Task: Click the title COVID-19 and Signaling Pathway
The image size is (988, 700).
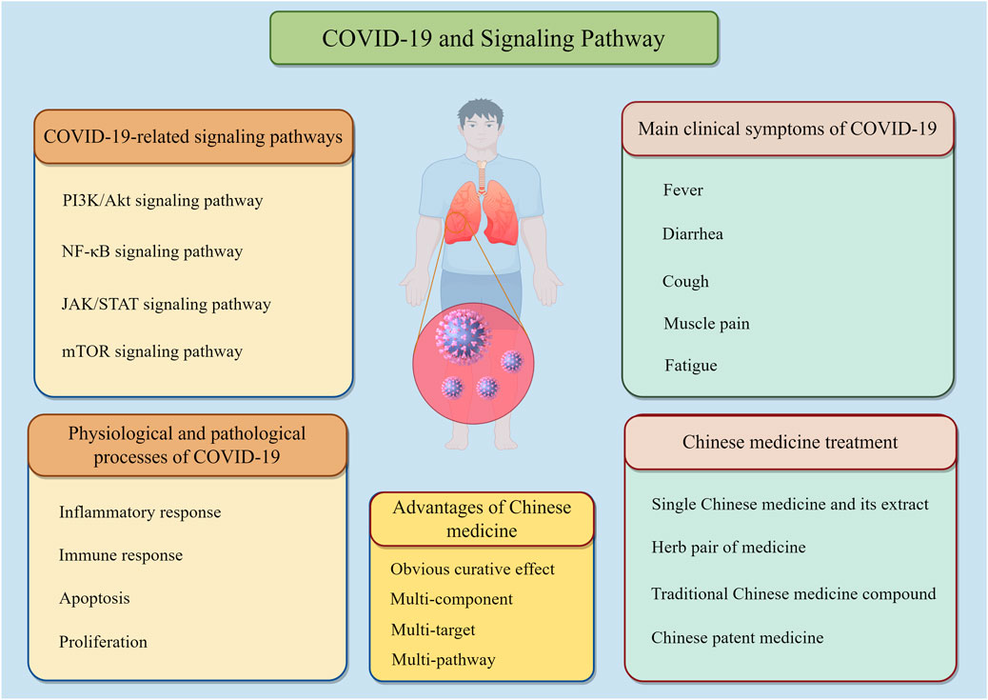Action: (493, 39)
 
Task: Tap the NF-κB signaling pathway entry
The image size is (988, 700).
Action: (150, 251)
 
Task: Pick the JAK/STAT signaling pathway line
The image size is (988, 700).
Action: (165, 304)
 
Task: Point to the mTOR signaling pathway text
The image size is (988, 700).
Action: (150, 351)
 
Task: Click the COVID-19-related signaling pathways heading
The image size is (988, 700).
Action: (193, 137)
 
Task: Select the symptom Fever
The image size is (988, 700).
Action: (682, 190)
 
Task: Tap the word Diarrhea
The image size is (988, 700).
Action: (692, 233)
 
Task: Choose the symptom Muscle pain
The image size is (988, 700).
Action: (706, 324)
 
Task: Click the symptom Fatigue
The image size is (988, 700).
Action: (690, 365)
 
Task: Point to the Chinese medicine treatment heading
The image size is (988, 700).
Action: (790, 442)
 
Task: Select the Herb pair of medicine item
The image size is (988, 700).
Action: (728, 547)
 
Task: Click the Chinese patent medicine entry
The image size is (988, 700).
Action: (738, 637)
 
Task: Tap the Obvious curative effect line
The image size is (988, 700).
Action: (472, 569)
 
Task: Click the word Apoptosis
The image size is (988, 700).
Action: (94, 598)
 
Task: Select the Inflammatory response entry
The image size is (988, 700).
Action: (140, 511)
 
